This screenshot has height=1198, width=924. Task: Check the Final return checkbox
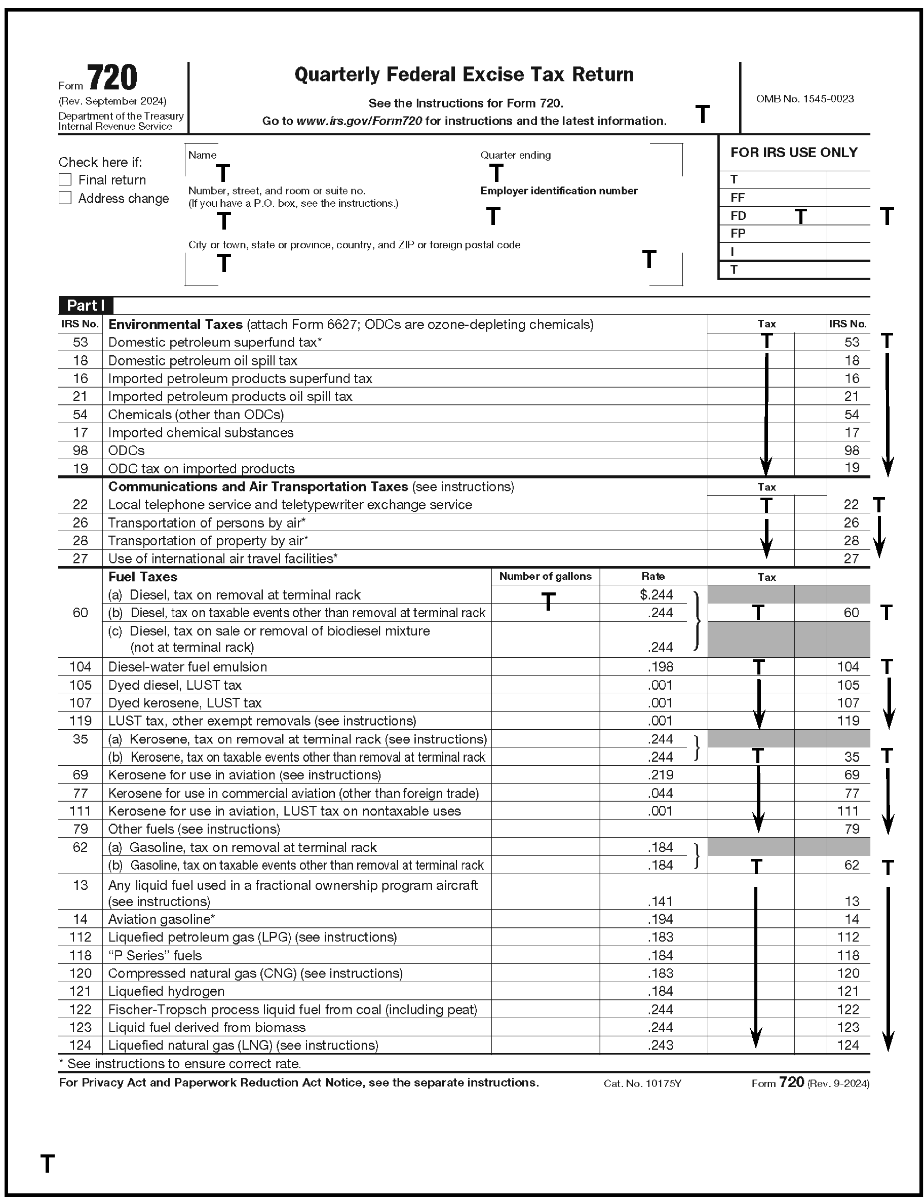coord(65,179)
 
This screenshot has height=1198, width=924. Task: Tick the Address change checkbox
coord(65,198)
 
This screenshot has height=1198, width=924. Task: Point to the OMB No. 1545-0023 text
coord(804,99)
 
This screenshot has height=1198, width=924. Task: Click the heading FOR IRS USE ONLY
coord(793,153)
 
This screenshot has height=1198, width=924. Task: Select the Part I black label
coord(86,306)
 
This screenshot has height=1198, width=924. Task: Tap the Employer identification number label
coord(558,191)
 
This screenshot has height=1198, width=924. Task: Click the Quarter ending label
coord(516,155)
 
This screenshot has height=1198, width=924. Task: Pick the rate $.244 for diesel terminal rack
coord(656,594)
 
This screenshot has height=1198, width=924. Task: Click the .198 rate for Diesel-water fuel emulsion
coord(660,666)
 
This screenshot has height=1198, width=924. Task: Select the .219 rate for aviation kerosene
coord(660,774)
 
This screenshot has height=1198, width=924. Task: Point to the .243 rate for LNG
coord(660,1045)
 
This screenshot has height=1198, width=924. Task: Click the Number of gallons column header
coord(545,577)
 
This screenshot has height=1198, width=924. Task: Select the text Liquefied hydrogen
coord(166,991)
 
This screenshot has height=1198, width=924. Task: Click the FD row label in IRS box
coord(738,215)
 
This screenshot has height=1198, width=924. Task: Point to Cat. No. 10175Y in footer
coord(642,1083)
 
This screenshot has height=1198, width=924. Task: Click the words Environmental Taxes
coord(175,324)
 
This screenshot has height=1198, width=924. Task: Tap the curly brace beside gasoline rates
coord(697,856)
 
